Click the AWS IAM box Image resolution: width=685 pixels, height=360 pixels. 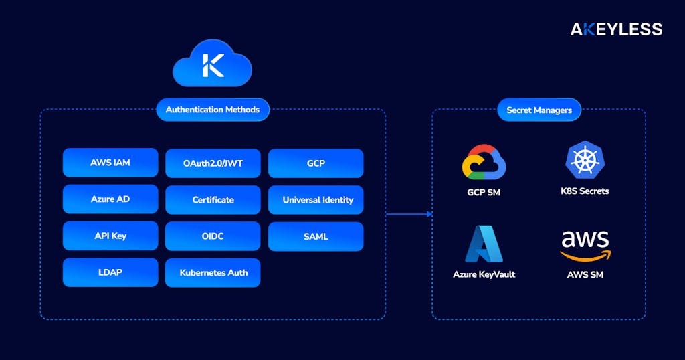coord(110,163)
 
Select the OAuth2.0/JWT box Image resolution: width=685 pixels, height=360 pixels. coord(213,163)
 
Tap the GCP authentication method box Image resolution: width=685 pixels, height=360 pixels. coord(316,163)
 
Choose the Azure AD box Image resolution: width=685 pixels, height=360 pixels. coord(110,199)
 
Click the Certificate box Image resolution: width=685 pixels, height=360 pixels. coord(213,200)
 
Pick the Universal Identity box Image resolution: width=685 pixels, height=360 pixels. coord(316,200)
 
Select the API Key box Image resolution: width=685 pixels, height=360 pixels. coord(110,236)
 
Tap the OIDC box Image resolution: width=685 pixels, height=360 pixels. coord(213,236)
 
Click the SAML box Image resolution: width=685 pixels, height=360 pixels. coord(316,236)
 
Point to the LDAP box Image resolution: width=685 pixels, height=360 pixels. coord(110,272)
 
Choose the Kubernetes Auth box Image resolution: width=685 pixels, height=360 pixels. coord(213,273)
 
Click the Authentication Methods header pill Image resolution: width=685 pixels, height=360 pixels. coord(213,110)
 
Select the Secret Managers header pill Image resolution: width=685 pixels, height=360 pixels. coord(539,110)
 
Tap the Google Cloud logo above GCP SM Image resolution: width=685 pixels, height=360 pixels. coord(484,162)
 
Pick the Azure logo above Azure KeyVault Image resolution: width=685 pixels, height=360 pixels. coord(484,244)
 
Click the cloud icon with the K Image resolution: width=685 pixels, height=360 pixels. coord(212,64)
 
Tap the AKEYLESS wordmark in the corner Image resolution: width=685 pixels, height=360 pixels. coord(616,29)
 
